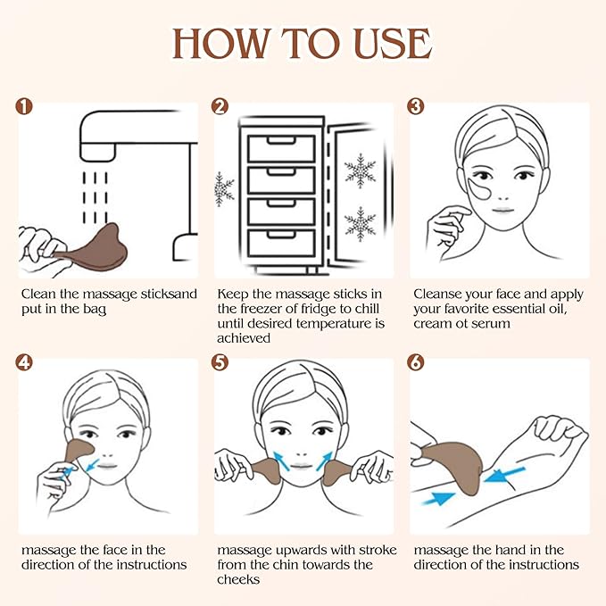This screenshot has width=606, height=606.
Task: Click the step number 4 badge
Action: [25, 362]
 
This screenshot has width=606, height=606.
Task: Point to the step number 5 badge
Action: [220, 362]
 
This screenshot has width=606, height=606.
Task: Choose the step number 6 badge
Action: [416, 362]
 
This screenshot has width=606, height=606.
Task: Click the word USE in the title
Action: [390, 42]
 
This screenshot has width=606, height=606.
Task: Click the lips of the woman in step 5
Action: [303, 466]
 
